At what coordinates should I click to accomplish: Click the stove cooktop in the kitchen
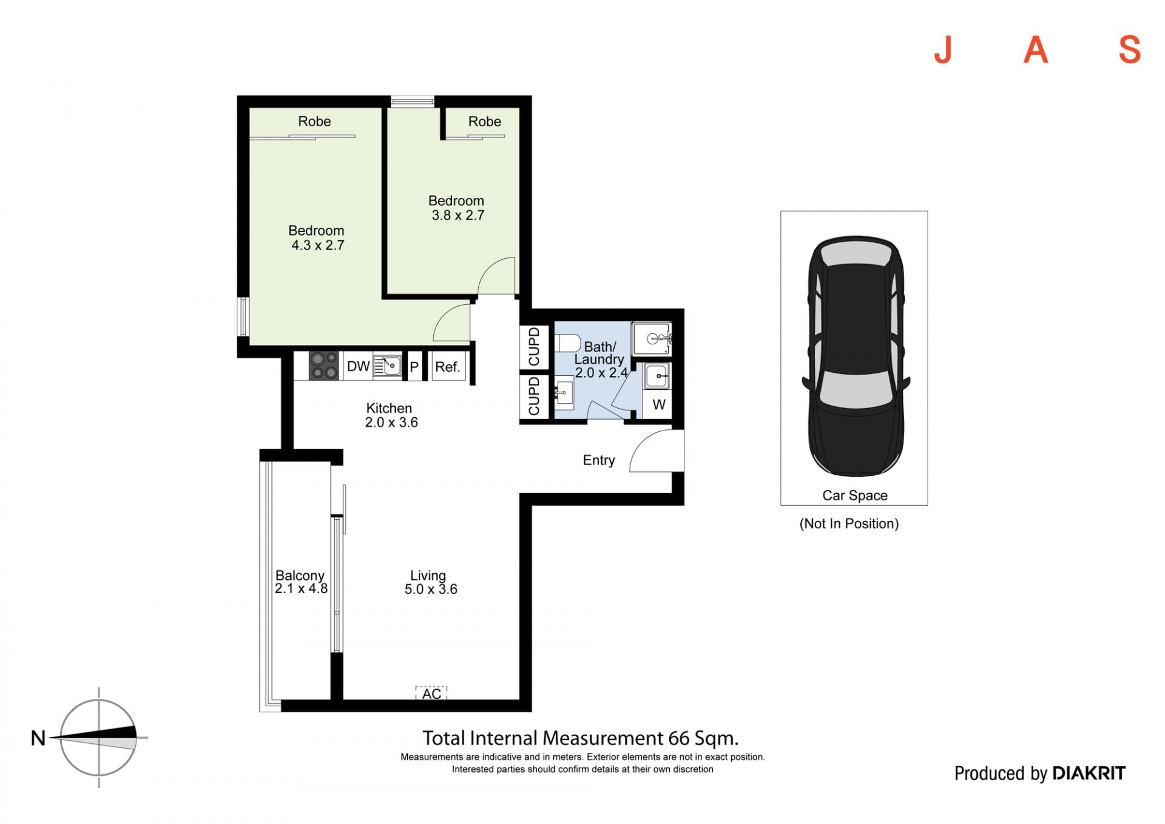323,366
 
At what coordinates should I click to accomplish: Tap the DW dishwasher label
358,367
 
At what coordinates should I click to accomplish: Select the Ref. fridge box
448,367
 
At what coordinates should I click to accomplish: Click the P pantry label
414,367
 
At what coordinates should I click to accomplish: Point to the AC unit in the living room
431,693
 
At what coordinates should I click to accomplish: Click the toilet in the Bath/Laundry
567,344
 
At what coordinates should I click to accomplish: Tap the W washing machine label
659,404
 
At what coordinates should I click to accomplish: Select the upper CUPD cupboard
534,347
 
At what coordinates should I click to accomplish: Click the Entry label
599,460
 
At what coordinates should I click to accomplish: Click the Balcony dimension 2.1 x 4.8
301,588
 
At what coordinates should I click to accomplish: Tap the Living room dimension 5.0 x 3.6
431,589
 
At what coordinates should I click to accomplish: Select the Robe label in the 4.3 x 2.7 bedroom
314,121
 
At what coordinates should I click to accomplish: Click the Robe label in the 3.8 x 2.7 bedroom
485,121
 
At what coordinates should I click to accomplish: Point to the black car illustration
856,357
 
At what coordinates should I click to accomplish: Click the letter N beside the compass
38,738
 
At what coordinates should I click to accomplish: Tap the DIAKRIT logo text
1089,773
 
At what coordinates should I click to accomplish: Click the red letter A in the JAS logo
1036,50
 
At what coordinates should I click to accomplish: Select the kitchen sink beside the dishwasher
387,366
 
